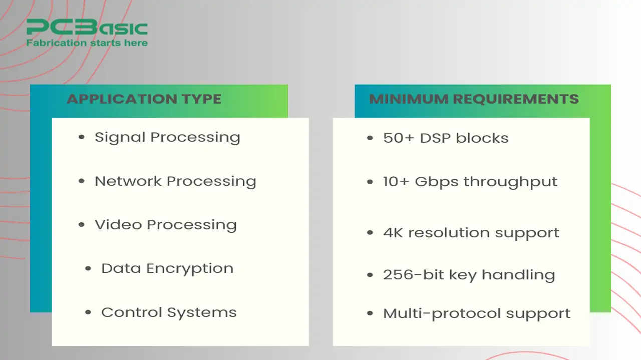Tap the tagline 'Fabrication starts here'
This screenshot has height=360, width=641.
point(87,43)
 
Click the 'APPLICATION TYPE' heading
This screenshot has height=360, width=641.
point(144,99)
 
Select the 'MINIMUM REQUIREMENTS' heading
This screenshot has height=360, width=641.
point(474,99)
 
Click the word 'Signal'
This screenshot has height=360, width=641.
point(120,138)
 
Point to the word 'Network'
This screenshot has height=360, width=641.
point(128,181)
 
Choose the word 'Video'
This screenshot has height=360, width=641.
point(119,225)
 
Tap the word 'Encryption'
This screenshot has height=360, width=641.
point(190,269)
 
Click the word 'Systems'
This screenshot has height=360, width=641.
point(202,313)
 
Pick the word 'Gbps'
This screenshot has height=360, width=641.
point(437,183)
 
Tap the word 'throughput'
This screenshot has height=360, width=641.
point(510,183)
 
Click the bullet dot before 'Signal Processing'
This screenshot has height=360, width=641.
point(82,137)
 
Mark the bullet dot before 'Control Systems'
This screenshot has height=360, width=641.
point(88,312)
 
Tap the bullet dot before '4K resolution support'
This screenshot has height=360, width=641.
point(370,233)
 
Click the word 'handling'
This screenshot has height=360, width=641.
point(518,275)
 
